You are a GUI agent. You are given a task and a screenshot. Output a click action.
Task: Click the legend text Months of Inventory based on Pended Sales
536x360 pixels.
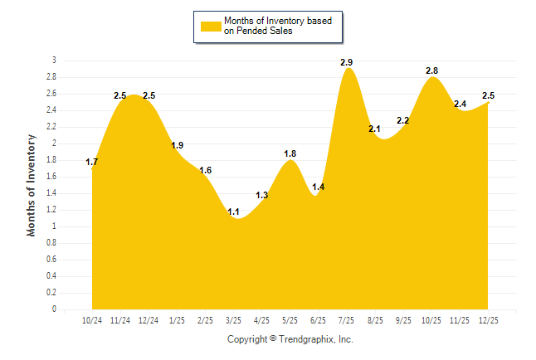[x=271, y=26]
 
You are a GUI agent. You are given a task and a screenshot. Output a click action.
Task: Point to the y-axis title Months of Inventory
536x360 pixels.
[x=32, y=185]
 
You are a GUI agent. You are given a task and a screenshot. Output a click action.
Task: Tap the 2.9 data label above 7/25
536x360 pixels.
[x=347, y=62]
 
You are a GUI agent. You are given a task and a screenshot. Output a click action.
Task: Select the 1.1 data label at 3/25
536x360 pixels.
[x=234, y=212]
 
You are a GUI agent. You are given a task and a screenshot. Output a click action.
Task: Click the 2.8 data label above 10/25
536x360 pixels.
[x=431, y=71]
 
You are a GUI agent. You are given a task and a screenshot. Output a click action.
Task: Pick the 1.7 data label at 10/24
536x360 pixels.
[x=92, y=162]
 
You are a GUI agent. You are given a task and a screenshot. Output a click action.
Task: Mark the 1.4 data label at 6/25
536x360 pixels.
[x=319, y=187]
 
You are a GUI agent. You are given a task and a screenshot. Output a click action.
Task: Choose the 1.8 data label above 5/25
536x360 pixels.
[x=290, y=153]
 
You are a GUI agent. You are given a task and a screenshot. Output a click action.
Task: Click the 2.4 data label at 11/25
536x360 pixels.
[x=460, y=104]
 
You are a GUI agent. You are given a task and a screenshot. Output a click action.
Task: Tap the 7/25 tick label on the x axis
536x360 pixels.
[x=347, y=319]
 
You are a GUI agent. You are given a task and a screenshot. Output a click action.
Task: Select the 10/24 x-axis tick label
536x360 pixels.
[x=92, y=319]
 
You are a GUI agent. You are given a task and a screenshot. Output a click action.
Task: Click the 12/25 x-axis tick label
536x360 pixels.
[x=488, y=319]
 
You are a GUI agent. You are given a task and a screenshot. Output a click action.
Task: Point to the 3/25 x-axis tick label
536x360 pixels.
[x=234, y=319]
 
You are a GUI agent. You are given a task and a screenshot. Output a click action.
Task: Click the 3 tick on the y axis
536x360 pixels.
[x=54, y=61]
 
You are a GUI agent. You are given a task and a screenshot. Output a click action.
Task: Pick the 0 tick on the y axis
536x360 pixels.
[x=54, y=309]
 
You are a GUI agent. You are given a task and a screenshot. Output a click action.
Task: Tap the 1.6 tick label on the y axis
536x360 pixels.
[x=51, y=177]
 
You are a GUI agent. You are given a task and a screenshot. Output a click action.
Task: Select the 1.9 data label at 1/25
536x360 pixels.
[x=177, y=145]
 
